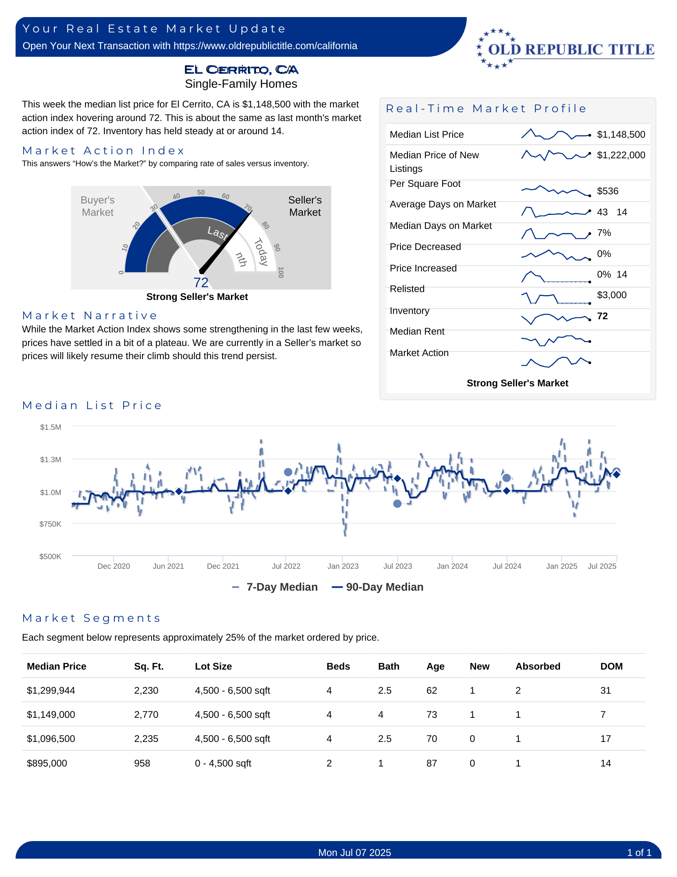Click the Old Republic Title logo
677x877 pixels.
565,49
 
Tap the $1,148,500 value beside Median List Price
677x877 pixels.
621,135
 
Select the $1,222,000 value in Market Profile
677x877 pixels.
621,155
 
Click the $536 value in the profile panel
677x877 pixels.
607,191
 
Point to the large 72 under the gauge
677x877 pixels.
201,282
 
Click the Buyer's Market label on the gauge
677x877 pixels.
97,206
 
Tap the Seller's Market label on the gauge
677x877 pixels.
305,206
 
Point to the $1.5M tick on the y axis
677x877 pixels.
51,427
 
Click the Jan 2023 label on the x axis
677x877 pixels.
343,566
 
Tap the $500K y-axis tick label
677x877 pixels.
50,556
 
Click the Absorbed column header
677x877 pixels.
538,667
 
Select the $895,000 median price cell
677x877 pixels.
47,763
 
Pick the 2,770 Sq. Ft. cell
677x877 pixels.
146,715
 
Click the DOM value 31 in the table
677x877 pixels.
606,691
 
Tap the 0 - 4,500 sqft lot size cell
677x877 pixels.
223,763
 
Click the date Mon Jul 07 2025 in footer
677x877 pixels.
354,852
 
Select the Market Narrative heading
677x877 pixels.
90,316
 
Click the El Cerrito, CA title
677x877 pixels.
241,70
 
